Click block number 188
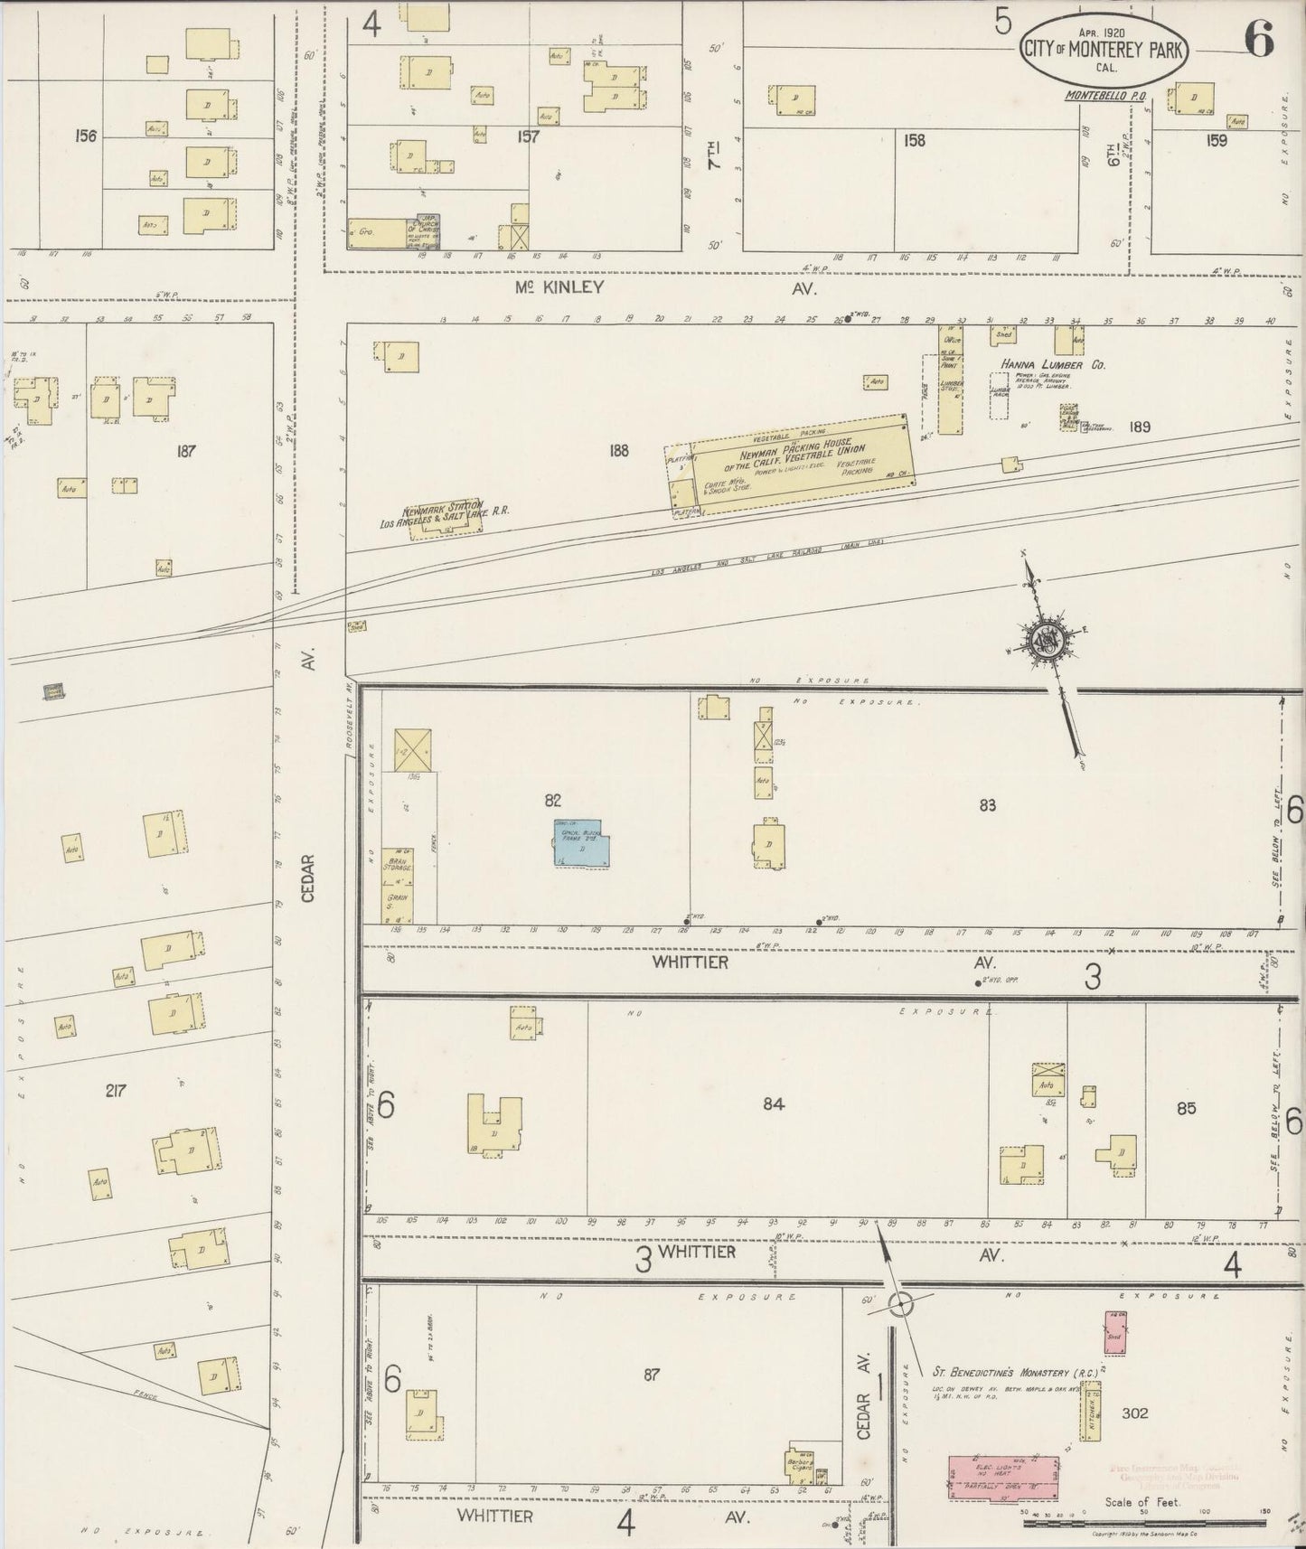tap(618, 450)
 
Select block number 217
tap(115, 1091)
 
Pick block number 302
tap(1134, 1413)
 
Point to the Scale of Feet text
tap(1144, 1504)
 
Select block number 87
tap(651, 1375)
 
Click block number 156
tap(86, 136)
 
